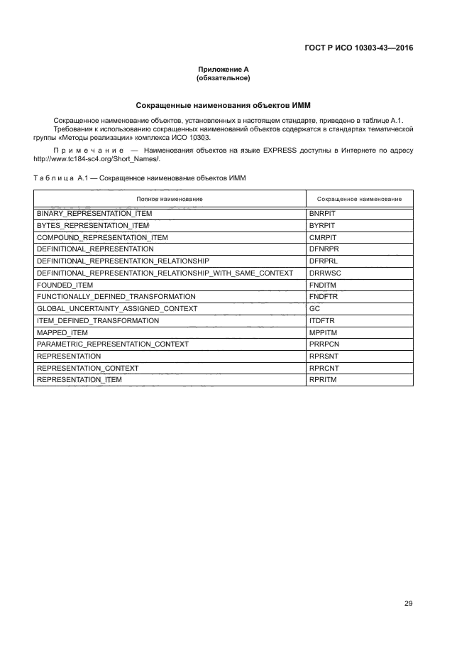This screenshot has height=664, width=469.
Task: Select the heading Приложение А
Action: click(x=224, y=70)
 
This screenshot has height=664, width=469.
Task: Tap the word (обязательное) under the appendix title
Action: click(x=224, y=77)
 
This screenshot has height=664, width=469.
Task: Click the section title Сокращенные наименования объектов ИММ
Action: click(x=224, y=105)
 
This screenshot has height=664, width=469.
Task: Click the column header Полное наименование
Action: click(x=170, y=199)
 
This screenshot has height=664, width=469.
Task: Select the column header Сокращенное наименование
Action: click(x=359, y=199)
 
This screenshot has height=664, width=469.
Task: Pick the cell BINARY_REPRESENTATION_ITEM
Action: click(x=89, y=213)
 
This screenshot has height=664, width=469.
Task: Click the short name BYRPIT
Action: click(x=321, y=225)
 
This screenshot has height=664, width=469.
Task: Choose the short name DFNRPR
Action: click(x=323, y=249)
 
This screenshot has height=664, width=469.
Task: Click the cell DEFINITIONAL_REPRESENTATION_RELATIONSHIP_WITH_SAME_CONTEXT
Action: click(x=165, y=273)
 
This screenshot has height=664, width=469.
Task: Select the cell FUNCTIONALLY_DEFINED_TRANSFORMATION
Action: click(x=106, y=297)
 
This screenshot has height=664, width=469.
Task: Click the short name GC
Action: click(x=315, y=309)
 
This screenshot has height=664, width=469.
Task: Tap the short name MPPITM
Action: click(x=322, y=332)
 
